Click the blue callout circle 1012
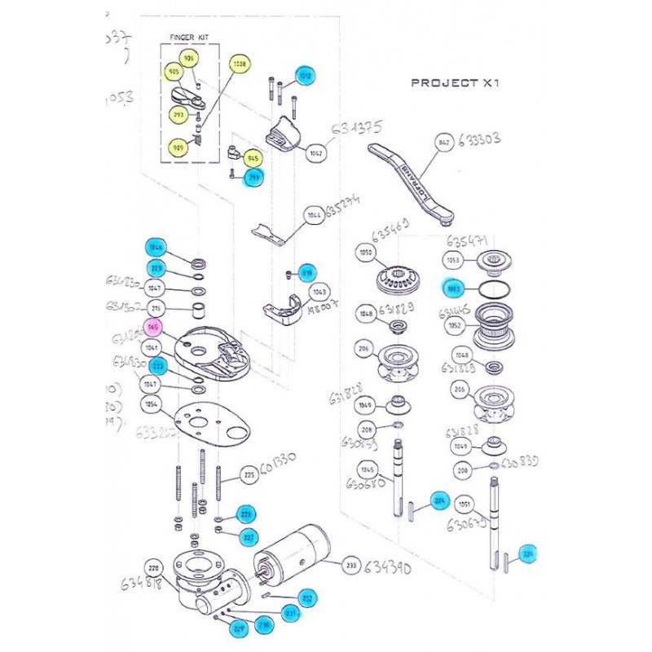305,76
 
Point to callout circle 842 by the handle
444,143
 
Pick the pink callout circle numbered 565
152,328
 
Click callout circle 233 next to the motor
352,564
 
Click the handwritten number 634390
394,566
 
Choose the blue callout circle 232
307,598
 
